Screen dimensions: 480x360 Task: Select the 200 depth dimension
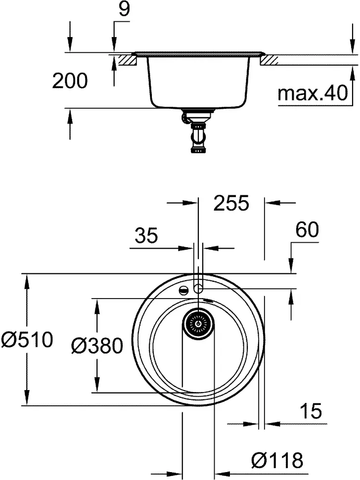tap(70, 81)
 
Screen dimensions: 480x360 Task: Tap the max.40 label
tap(313, 93)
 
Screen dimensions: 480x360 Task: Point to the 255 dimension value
tap(231, 203)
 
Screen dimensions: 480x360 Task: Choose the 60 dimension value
tap(307, 229)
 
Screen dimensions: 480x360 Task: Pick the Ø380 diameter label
tap(96, 346)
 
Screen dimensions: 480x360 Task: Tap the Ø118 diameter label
tap(276, 461)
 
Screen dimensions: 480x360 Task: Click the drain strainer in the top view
tap(199, 323)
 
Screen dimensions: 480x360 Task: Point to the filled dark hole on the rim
tap(183, 290)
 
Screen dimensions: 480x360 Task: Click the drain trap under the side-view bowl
tap(197, 132)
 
